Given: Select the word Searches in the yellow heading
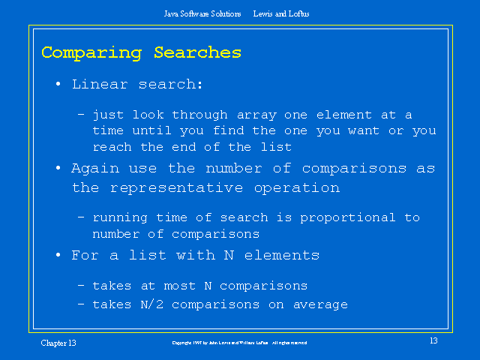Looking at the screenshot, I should click(x=198, y=52).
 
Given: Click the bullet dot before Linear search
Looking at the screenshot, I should click(x=58, y=85).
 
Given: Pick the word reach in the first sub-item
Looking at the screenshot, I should click(x=112, y=147).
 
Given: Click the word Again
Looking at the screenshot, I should click(x=94, y=169).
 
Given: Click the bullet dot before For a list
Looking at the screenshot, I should click(x=58, y=256).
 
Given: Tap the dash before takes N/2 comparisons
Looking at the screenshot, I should click(x=81, y=304).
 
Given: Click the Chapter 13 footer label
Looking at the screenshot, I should click(x=58, y=343).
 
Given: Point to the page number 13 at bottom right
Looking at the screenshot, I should click(x=433, y=342).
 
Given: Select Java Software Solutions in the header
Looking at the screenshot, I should click(x=202, y=13).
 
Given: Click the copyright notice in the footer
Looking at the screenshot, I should click(x=239, y=343).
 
